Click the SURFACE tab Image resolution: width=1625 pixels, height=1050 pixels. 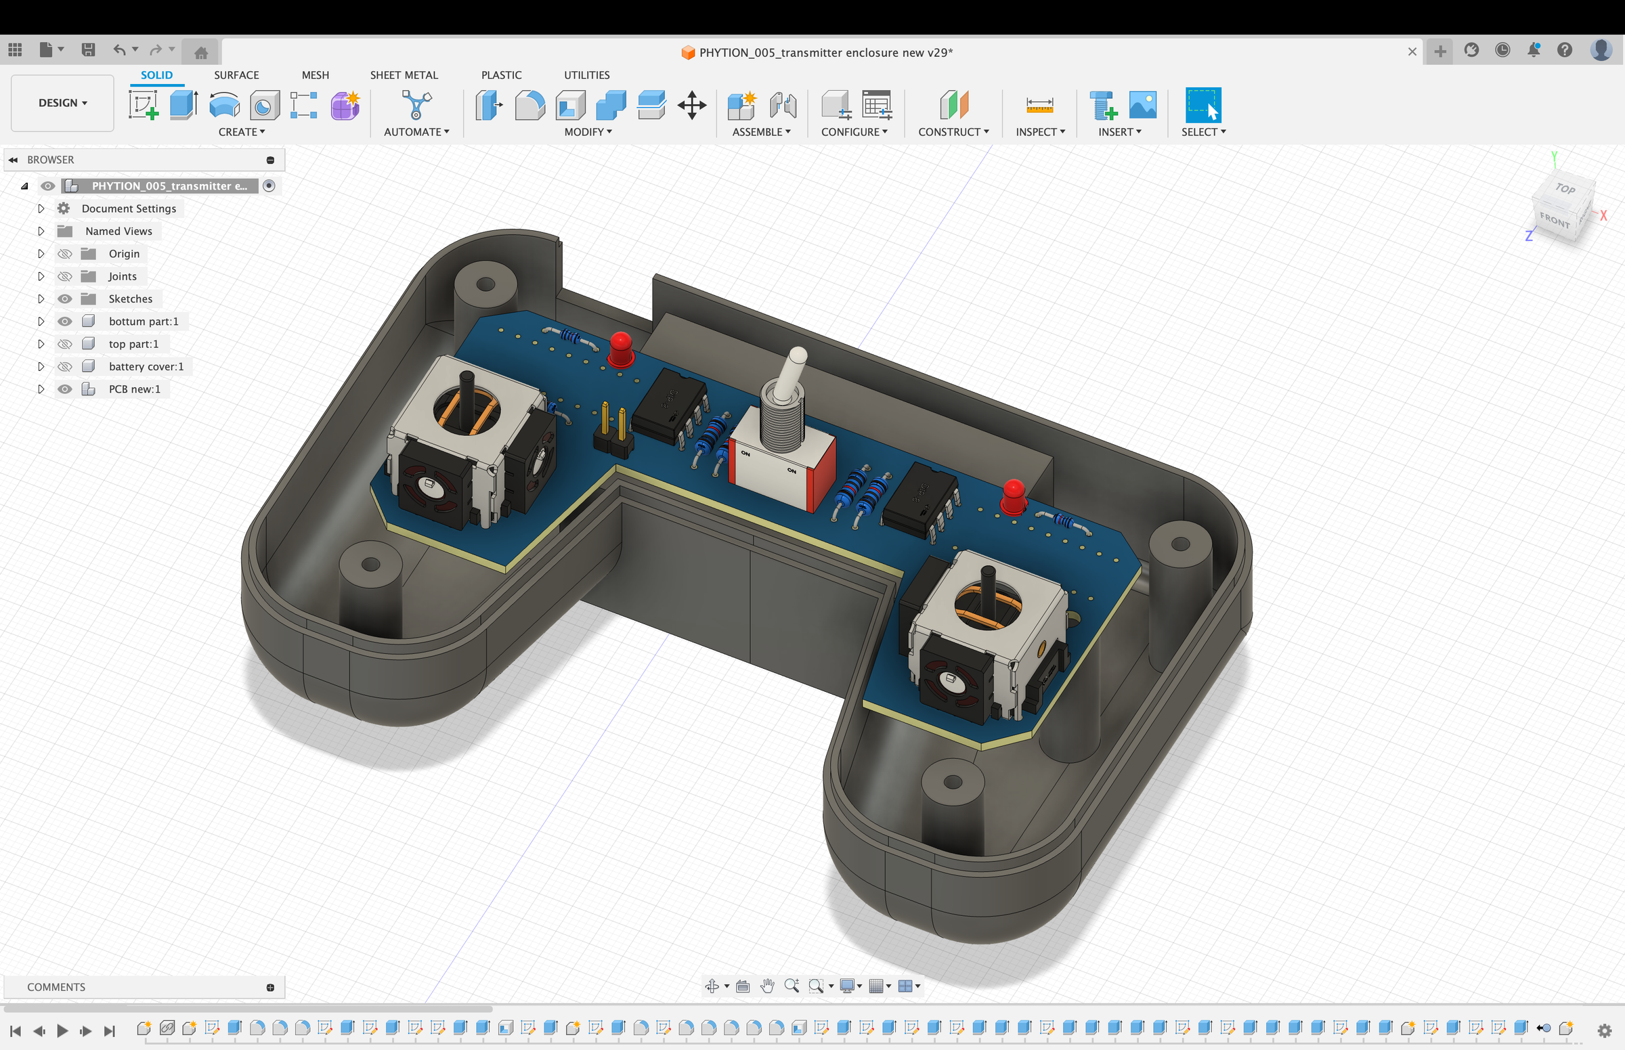(236, 75)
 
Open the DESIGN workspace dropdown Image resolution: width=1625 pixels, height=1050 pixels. (63, 103)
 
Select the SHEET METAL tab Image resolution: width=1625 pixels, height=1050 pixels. (404, 75)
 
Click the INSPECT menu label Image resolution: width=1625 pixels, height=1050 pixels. (1040, 131)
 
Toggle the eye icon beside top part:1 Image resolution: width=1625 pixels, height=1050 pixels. (65, 344)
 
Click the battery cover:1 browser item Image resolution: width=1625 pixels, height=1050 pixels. (146, 366)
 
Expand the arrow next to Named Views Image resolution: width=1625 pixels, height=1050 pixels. (41, 231)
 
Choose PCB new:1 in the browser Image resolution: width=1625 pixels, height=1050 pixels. (134, 389)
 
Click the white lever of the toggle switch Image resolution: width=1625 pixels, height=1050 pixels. (791, 373)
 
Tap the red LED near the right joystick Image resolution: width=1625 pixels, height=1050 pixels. (1014, 496)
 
